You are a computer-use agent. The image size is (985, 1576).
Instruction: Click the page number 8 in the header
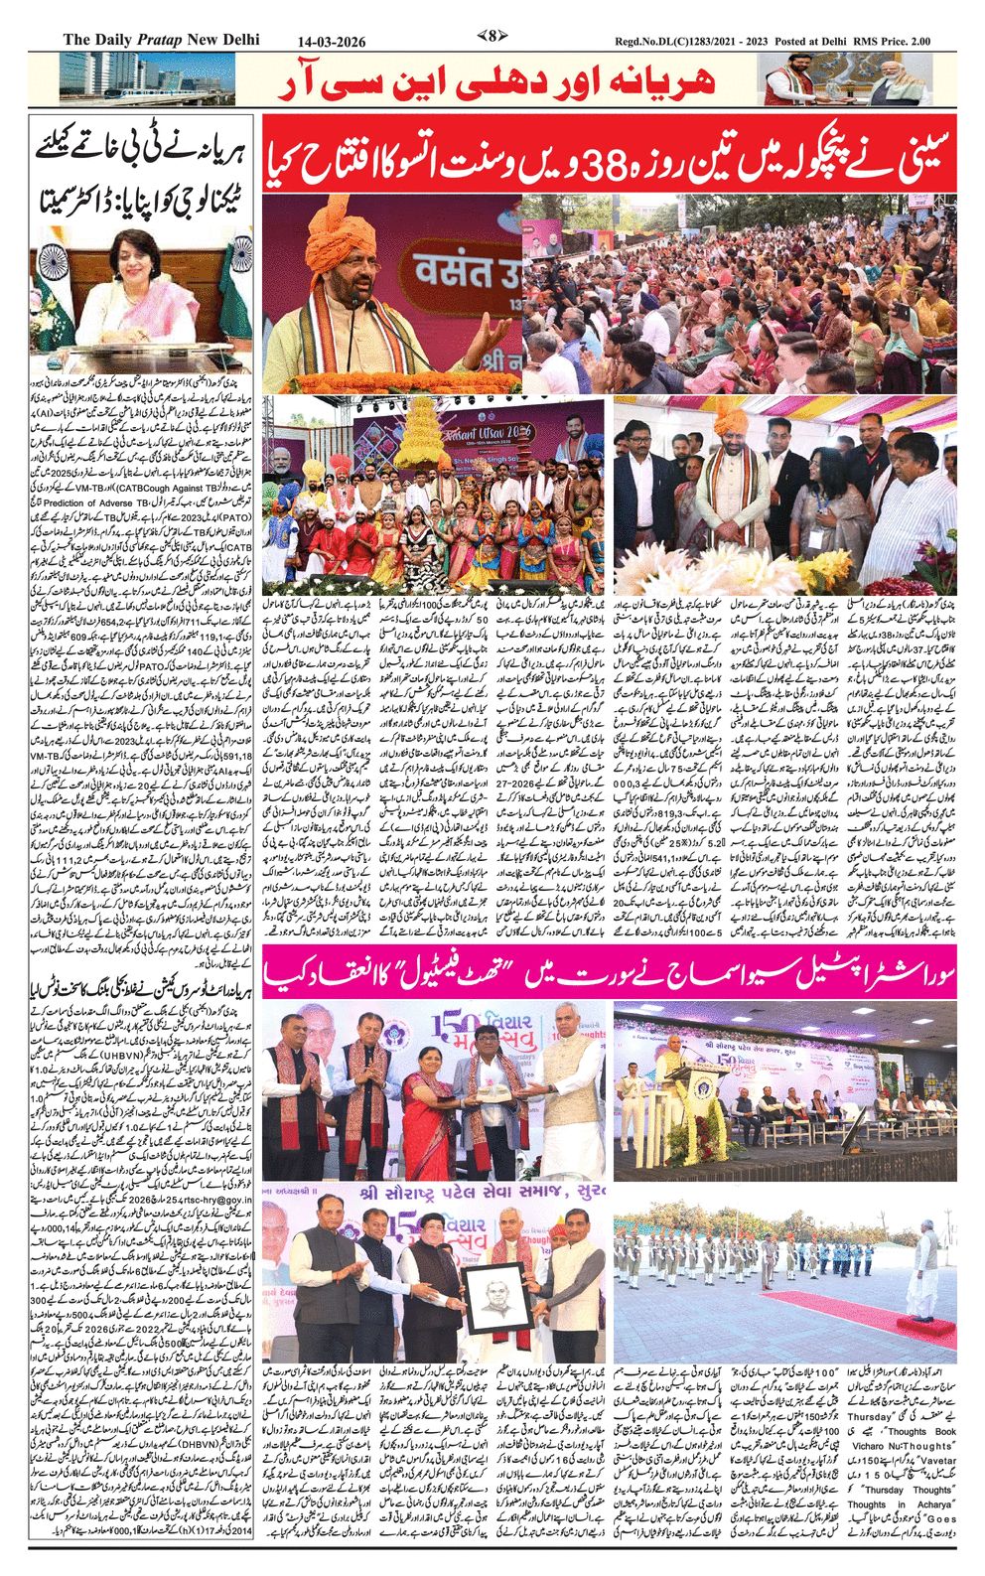(492, 38)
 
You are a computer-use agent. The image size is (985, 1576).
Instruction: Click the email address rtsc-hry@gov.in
(210, 1198)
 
